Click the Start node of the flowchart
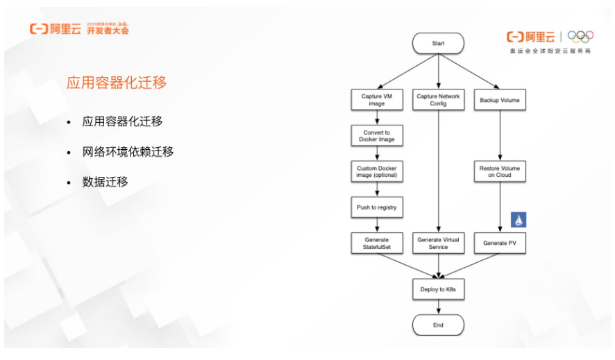(x=438, y=43)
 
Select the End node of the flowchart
(x=438, y=325)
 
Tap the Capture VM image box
(x=377, y=100)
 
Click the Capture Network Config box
(x=438, y=100)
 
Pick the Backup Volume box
(x=499, y=100)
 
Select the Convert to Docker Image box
(x=377, y=136)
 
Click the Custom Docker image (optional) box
(x=377, y=171)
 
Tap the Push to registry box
(x=377, y=207)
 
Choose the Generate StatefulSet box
(x=377, y=243)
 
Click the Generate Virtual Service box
(x=438, y=243)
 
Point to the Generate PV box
(x=499, y=243)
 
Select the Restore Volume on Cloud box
(x=499, y=171)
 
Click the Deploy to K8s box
(x=438, y=289)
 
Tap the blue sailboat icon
(x=519, y=220)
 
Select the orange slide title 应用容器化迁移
(x=117, y=83)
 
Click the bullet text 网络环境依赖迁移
(x=128, y=151)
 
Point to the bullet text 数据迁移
(x=105, y=182)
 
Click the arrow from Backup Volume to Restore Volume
(x=499, y=135)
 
